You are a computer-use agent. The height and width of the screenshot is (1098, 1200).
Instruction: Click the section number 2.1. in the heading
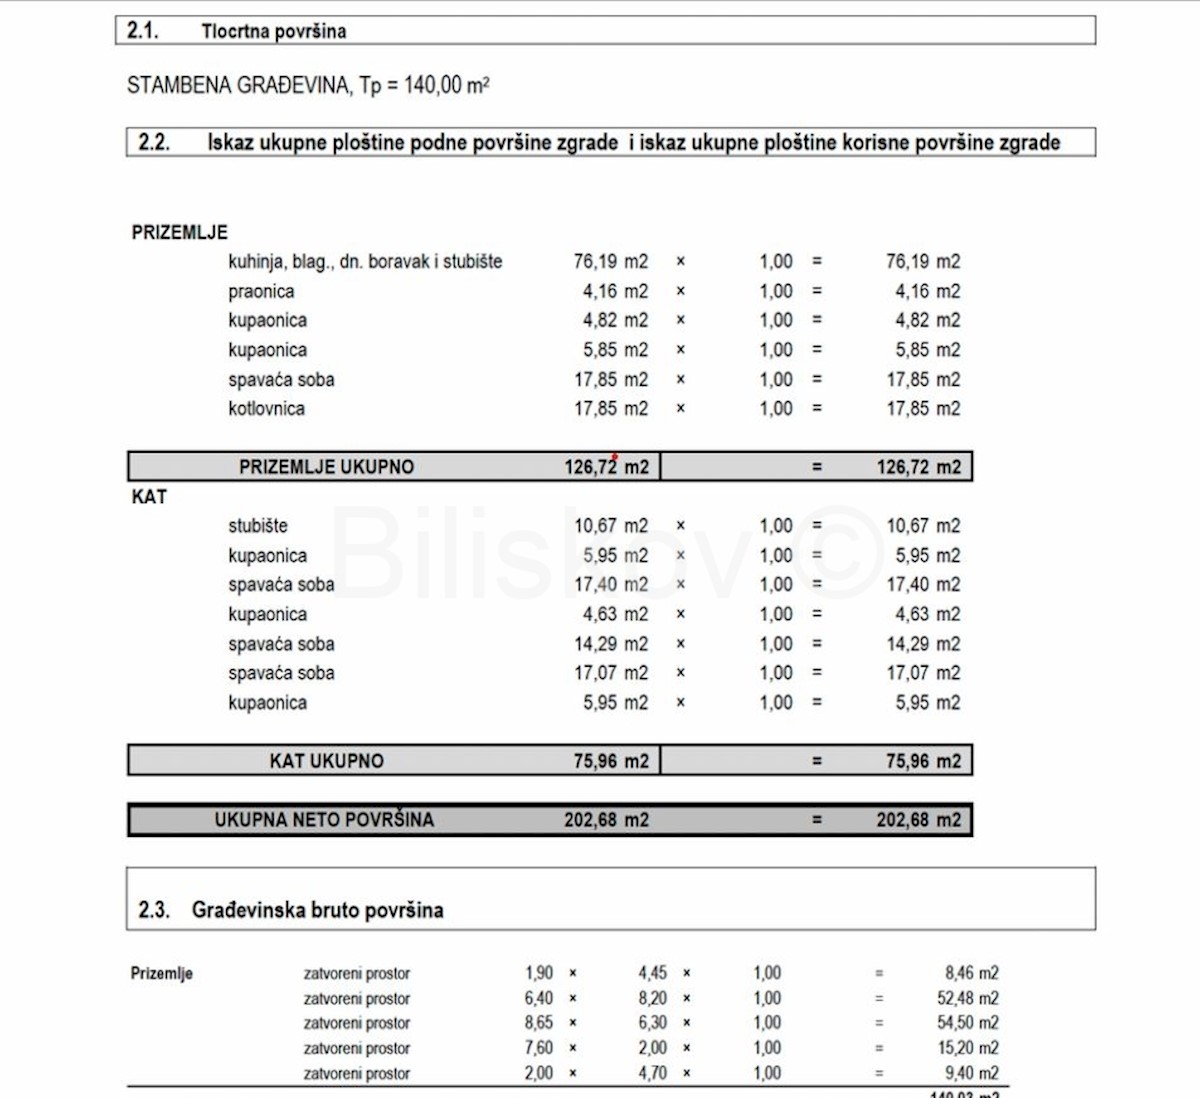[x=143, y=31]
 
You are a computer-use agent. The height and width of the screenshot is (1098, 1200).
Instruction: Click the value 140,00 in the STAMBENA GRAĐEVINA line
[x=432, y=85]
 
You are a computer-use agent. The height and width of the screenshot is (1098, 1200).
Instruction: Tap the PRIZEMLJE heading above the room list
[x=180, y=232]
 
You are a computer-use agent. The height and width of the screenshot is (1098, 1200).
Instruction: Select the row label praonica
[x=261, y=291]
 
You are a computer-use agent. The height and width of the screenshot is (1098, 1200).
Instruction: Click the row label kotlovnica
[x=266, y=408]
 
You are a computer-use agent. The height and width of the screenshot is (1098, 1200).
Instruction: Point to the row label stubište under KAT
[x=258, y=525]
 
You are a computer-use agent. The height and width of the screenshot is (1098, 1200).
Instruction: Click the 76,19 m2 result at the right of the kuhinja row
[x=922, y=261]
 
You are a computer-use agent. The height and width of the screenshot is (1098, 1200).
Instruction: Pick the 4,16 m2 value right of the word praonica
[x=615, y=291]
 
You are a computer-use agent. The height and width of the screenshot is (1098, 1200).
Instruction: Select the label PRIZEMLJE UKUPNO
[x=326, y=466]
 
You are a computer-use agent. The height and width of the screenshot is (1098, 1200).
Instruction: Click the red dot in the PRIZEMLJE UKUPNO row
[x=615, y=456]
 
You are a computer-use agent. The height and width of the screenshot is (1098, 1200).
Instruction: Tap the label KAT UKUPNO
[x=326, y=760]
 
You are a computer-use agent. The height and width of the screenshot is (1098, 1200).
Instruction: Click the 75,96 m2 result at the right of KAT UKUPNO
[x=922, y=760]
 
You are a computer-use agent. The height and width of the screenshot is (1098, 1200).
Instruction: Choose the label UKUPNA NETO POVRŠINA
[x=324, y=820]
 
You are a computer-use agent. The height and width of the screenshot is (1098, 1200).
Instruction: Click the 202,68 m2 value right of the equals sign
[x=918, y=820]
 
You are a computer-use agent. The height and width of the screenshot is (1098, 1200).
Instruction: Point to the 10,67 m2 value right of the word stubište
[x=610, y=525]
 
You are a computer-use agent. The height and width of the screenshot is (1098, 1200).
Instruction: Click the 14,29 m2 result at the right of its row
[x=922, y=644]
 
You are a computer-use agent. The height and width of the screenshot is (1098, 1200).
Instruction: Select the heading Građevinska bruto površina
[x=317, y=910]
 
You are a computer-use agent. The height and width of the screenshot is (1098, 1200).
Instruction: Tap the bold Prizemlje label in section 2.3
[x=162, y=973]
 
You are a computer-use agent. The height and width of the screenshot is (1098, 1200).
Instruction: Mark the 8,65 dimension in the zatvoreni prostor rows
[x=538, y=1023]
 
